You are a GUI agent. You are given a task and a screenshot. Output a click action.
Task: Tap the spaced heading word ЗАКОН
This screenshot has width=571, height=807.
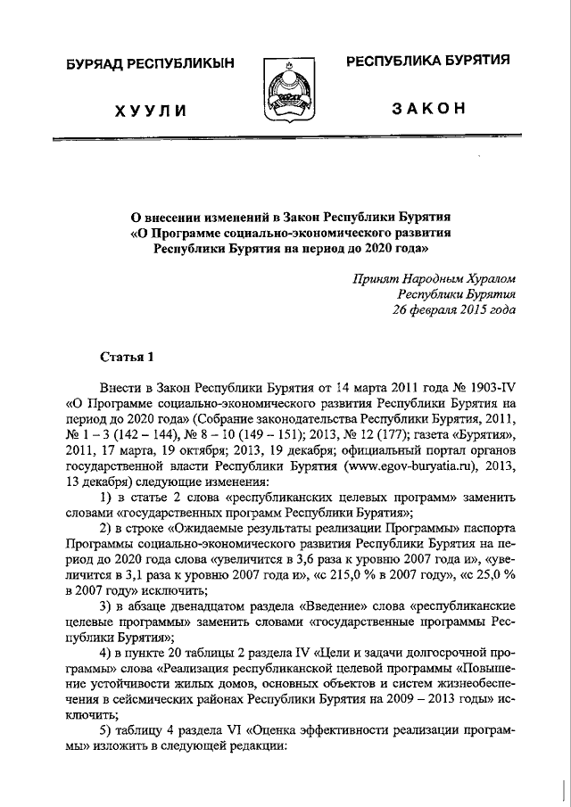(x=428, y=109)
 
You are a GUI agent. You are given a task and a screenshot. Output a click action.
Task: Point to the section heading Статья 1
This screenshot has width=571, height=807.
(x=127, y=358)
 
